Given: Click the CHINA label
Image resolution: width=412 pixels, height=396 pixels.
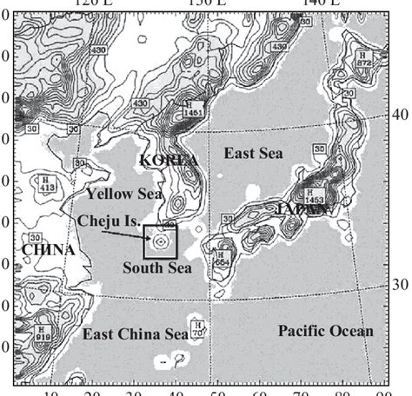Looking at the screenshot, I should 48,249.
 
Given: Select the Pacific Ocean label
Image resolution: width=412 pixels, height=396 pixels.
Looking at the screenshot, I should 326,331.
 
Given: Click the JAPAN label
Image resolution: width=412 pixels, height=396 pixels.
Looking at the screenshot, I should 303,209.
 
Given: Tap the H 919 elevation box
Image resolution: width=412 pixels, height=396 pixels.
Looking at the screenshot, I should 40,332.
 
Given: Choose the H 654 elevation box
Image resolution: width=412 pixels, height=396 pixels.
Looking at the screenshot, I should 222,253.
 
